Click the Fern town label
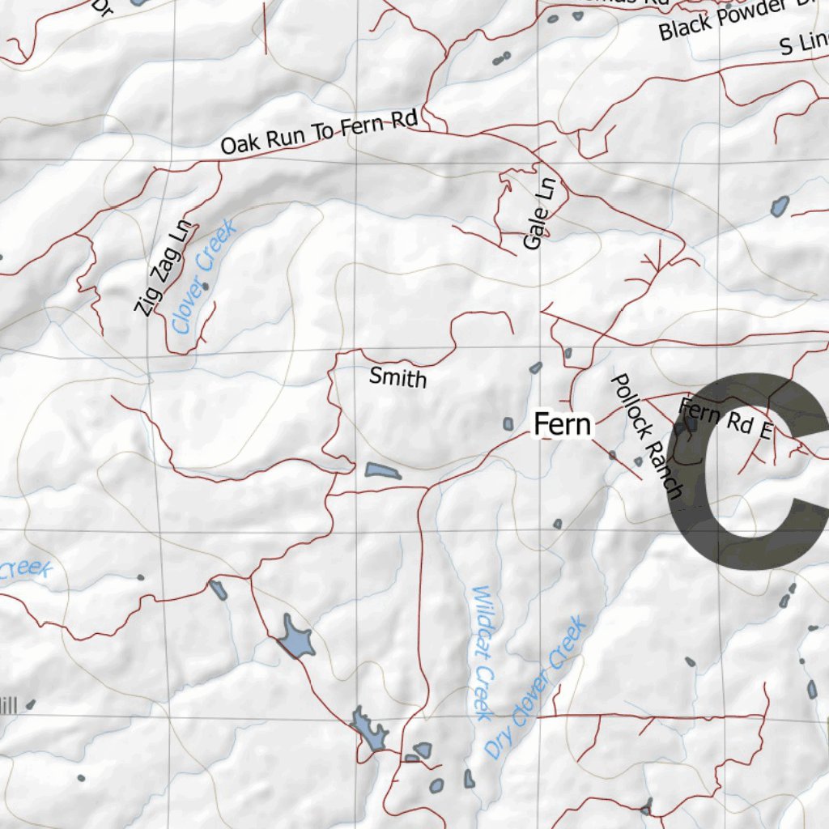click(563, 424)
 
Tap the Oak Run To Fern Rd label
click(318, 134)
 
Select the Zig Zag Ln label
click(166, 268)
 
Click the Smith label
click(397, 376)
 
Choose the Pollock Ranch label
click(646, 435)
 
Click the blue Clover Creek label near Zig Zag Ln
click(204, 277)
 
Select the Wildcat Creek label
click(483, 652)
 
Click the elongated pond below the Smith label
click(382, 471)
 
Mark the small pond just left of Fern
click(508, 423)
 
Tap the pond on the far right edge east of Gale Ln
click(780, 206)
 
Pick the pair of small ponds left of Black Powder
click(501, 58)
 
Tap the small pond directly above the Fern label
click(535, 368)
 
